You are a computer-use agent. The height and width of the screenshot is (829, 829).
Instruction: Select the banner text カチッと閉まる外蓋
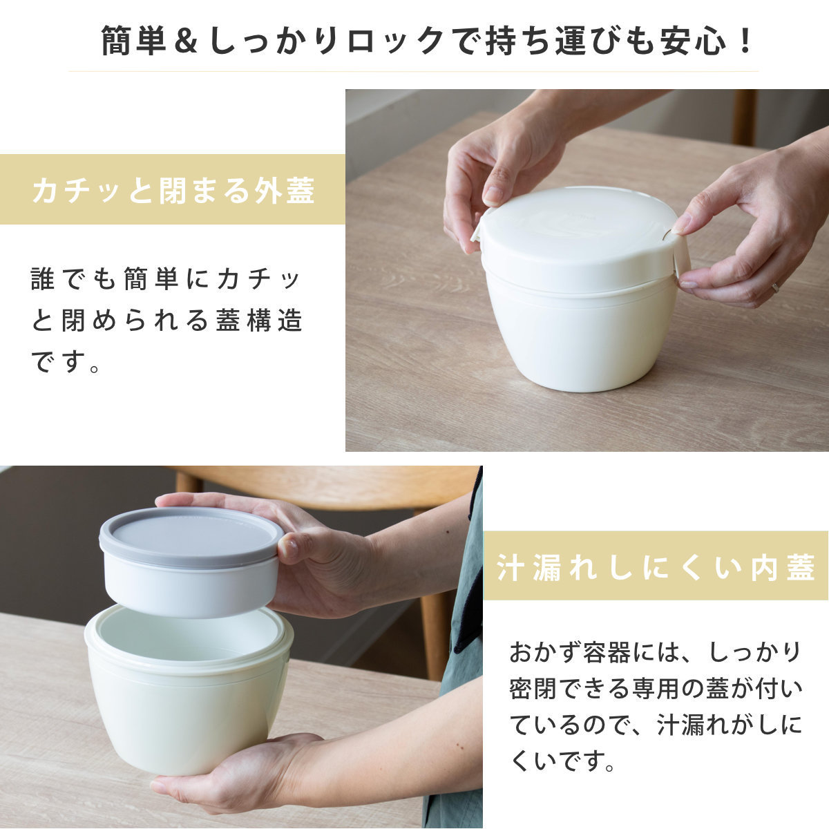(173, 190)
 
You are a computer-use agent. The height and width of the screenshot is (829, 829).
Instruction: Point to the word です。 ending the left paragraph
(66, 361)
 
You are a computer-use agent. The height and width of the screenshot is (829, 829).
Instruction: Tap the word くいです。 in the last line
(562, 762)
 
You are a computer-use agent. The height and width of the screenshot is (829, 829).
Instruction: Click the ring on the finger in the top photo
(775, 286)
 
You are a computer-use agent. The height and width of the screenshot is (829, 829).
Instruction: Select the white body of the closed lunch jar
(580, 332)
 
